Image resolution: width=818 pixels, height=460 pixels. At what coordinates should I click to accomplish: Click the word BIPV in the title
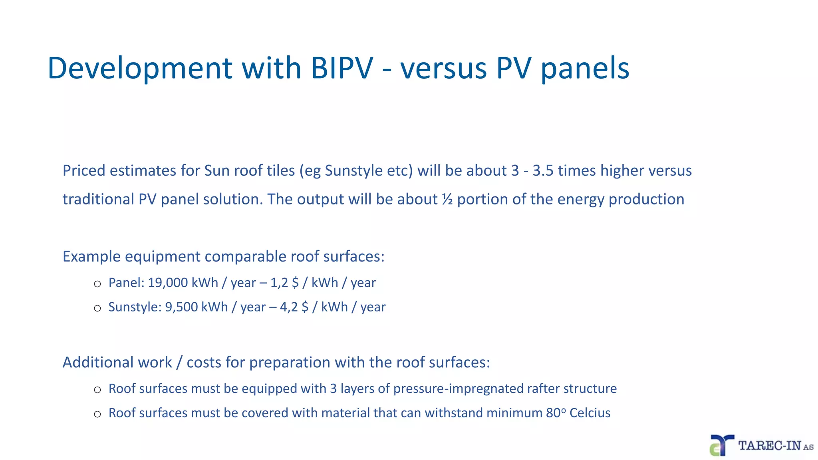click(x=341, y=68)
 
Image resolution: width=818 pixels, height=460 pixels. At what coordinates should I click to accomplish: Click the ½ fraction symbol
click(x=447, y=199)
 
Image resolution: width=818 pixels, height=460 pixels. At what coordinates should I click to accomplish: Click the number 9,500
click(x=181, y=307)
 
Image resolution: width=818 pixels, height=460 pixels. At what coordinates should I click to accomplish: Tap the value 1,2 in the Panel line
click(x=279, y=283)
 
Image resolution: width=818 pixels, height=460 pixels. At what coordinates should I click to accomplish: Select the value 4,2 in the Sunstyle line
click(x=288, y=307)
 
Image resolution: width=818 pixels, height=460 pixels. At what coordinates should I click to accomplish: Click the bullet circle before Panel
click(x=97, y=284)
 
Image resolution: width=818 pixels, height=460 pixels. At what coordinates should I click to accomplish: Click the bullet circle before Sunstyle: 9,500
click(x=97, y=308)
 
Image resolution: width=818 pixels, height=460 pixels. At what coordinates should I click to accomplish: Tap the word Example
click(x=91, y=256)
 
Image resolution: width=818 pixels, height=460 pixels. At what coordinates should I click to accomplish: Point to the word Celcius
click(x=590, y=413)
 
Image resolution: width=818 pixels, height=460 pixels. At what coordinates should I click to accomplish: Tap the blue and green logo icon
click(x=721, y=445)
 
